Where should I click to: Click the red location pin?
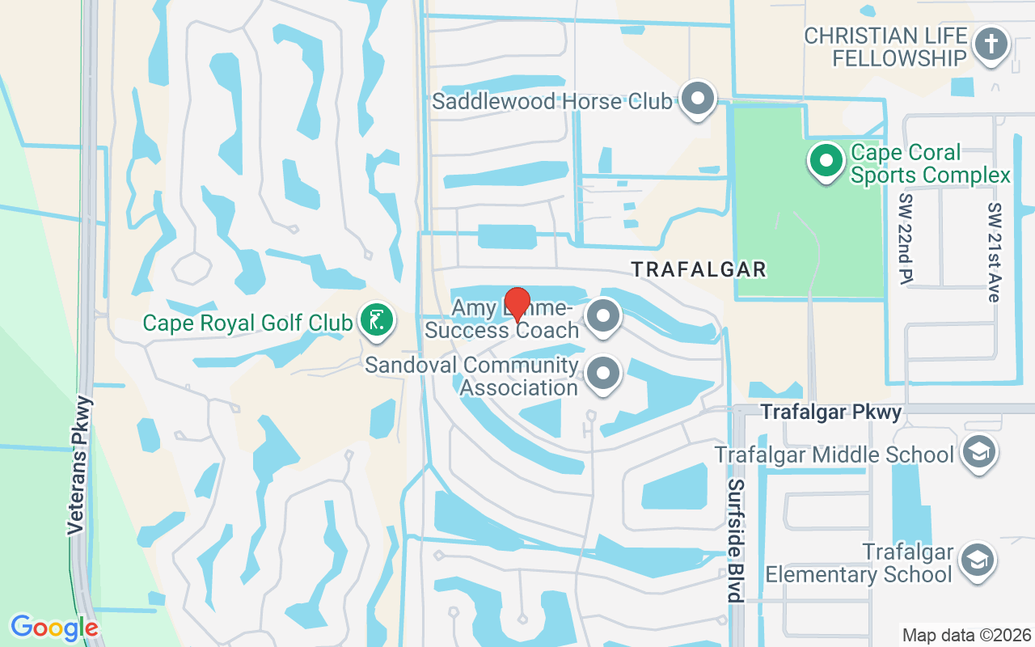(517, 306)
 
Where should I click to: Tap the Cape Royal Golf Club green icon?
(377, 320)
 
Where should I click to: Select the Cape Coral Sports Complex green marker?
(826, 160)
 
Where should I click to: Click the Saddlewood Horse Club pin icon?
(697, 99)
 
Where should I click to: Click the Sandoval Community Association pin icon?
(602, 374)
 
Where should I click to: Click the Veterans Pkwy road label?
(77, 464)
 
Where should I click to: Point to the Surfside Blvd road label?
(735, 540)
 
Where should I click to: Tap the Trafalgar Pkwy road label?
(830, 412)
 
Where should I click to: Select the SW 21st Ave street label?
(994, 252)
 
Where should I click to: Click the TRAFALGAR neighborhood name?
(699, 269)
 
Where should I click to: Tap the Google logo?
(54, 628)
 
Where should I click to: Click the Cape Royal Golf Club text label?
(247, 323)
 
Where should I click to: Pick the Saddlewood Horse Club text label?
(551, 101)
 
